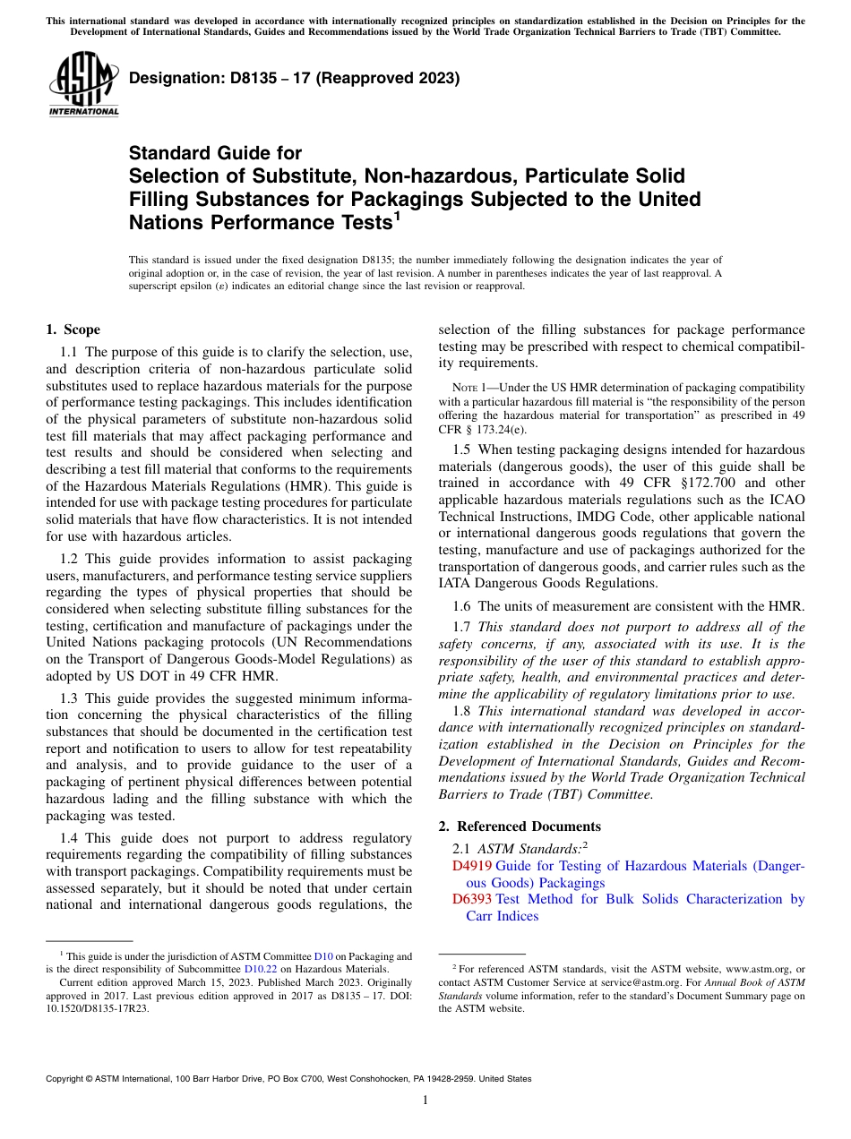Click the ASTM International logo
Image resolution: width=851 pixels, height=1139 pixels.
[82, 83]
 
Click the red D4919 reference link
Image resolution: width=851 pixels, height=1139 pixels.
[472, 866]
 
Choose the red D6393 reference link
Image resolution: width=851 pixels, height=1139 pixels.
[472, 899]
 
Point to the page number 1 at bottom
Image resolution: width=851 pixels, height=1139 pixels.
[425, 1100]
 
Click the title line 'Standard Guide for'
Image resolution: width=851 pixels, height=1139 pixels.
[215, 153]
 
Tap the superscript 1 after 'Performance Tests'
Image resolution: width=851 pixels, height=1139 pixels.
[397, 216]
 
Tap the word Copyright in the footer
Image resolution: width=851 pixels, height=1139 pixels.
[67, 1079]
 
